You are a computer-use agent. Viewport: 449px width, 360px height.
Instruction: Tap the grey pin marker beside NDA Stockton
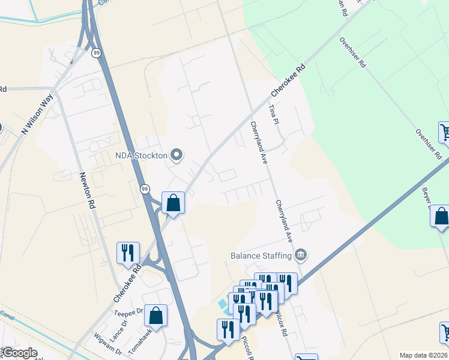coord(176,155)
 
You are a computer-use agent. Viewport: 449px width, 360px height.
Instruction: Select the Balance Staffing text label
coord(261,256)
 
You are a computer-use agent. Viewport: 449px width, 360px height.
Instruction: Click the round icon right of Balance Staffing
coord(301,256)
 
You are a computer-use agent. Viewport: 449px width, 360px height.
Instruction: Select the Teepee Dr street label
coord(128,312)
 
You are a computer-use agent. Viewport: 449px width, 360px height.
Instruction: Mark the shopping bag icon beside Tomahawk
coord(155,316)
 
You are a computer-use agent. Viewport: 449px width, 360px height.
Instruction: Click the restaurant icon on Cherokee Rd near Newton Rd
coord(127,253)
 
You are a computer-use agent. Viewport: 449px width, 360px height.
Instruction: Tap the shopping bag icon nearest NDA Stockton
coord(173,203)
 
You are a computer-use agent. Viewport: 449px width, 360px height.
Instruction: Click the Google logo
coord(19,353)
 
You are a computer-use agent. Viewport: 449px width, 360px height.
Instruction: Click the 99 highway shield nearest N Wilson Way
coord(96,53)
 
